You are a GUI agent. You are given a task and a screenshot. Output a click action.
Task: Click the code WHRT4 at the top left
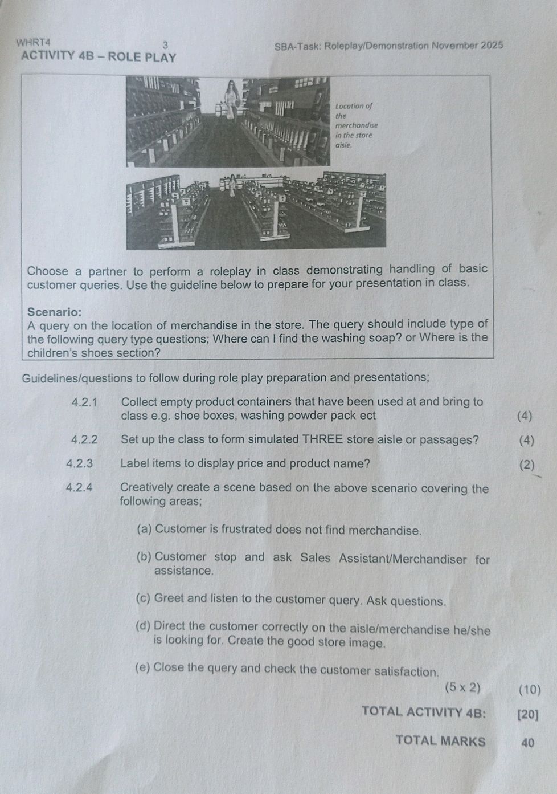pyautogui.click(x=34, y=42)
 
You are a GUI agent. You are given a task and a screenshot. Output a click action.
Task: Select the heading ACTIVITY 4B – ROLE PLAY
pyautogui.click(x=98, y=56)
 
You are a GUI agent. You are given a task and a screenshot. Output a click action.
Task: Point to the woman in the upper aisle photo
pyautogui.click(x=231, y=100)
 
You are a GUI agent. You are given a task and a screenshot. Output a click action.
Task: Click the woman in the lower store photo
pyautogui.click(x=233, y=185)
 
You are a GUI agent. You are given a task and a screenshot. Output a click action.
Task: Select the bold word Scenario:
pyautogui.click(x=55, y=312)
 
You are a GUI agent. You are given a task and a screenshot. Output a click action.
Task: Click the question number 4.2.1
pyautogui.click(x=85, y=402)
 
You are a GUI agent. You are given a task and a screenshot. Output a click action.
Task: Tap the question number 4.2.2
pyautogui.click(x=84, y=439)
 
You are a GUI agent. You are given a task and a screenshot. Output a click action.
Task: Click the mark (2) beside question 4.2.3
pyautogui.click(x=528, y=465)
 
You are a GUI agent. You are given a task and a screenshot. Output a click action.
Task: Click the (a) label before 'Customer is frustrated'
pyautogui.click(x=144, y=529)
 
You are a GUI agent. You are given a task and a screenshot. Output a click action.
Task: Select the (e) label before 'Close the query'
pyautogui.click(x=143, y=667)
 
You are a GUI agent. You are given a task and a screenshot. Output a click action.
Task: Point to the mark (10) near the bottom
pyautogui.click(x=530, y=689)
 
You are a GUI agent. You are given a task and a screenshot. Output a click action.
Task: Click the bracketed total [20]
pyautogui.click(x=527, y=714)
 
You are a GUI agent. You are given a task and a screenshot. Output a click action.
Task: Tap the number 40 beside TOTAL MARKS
pyautogui.click(x=527, y=742)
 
